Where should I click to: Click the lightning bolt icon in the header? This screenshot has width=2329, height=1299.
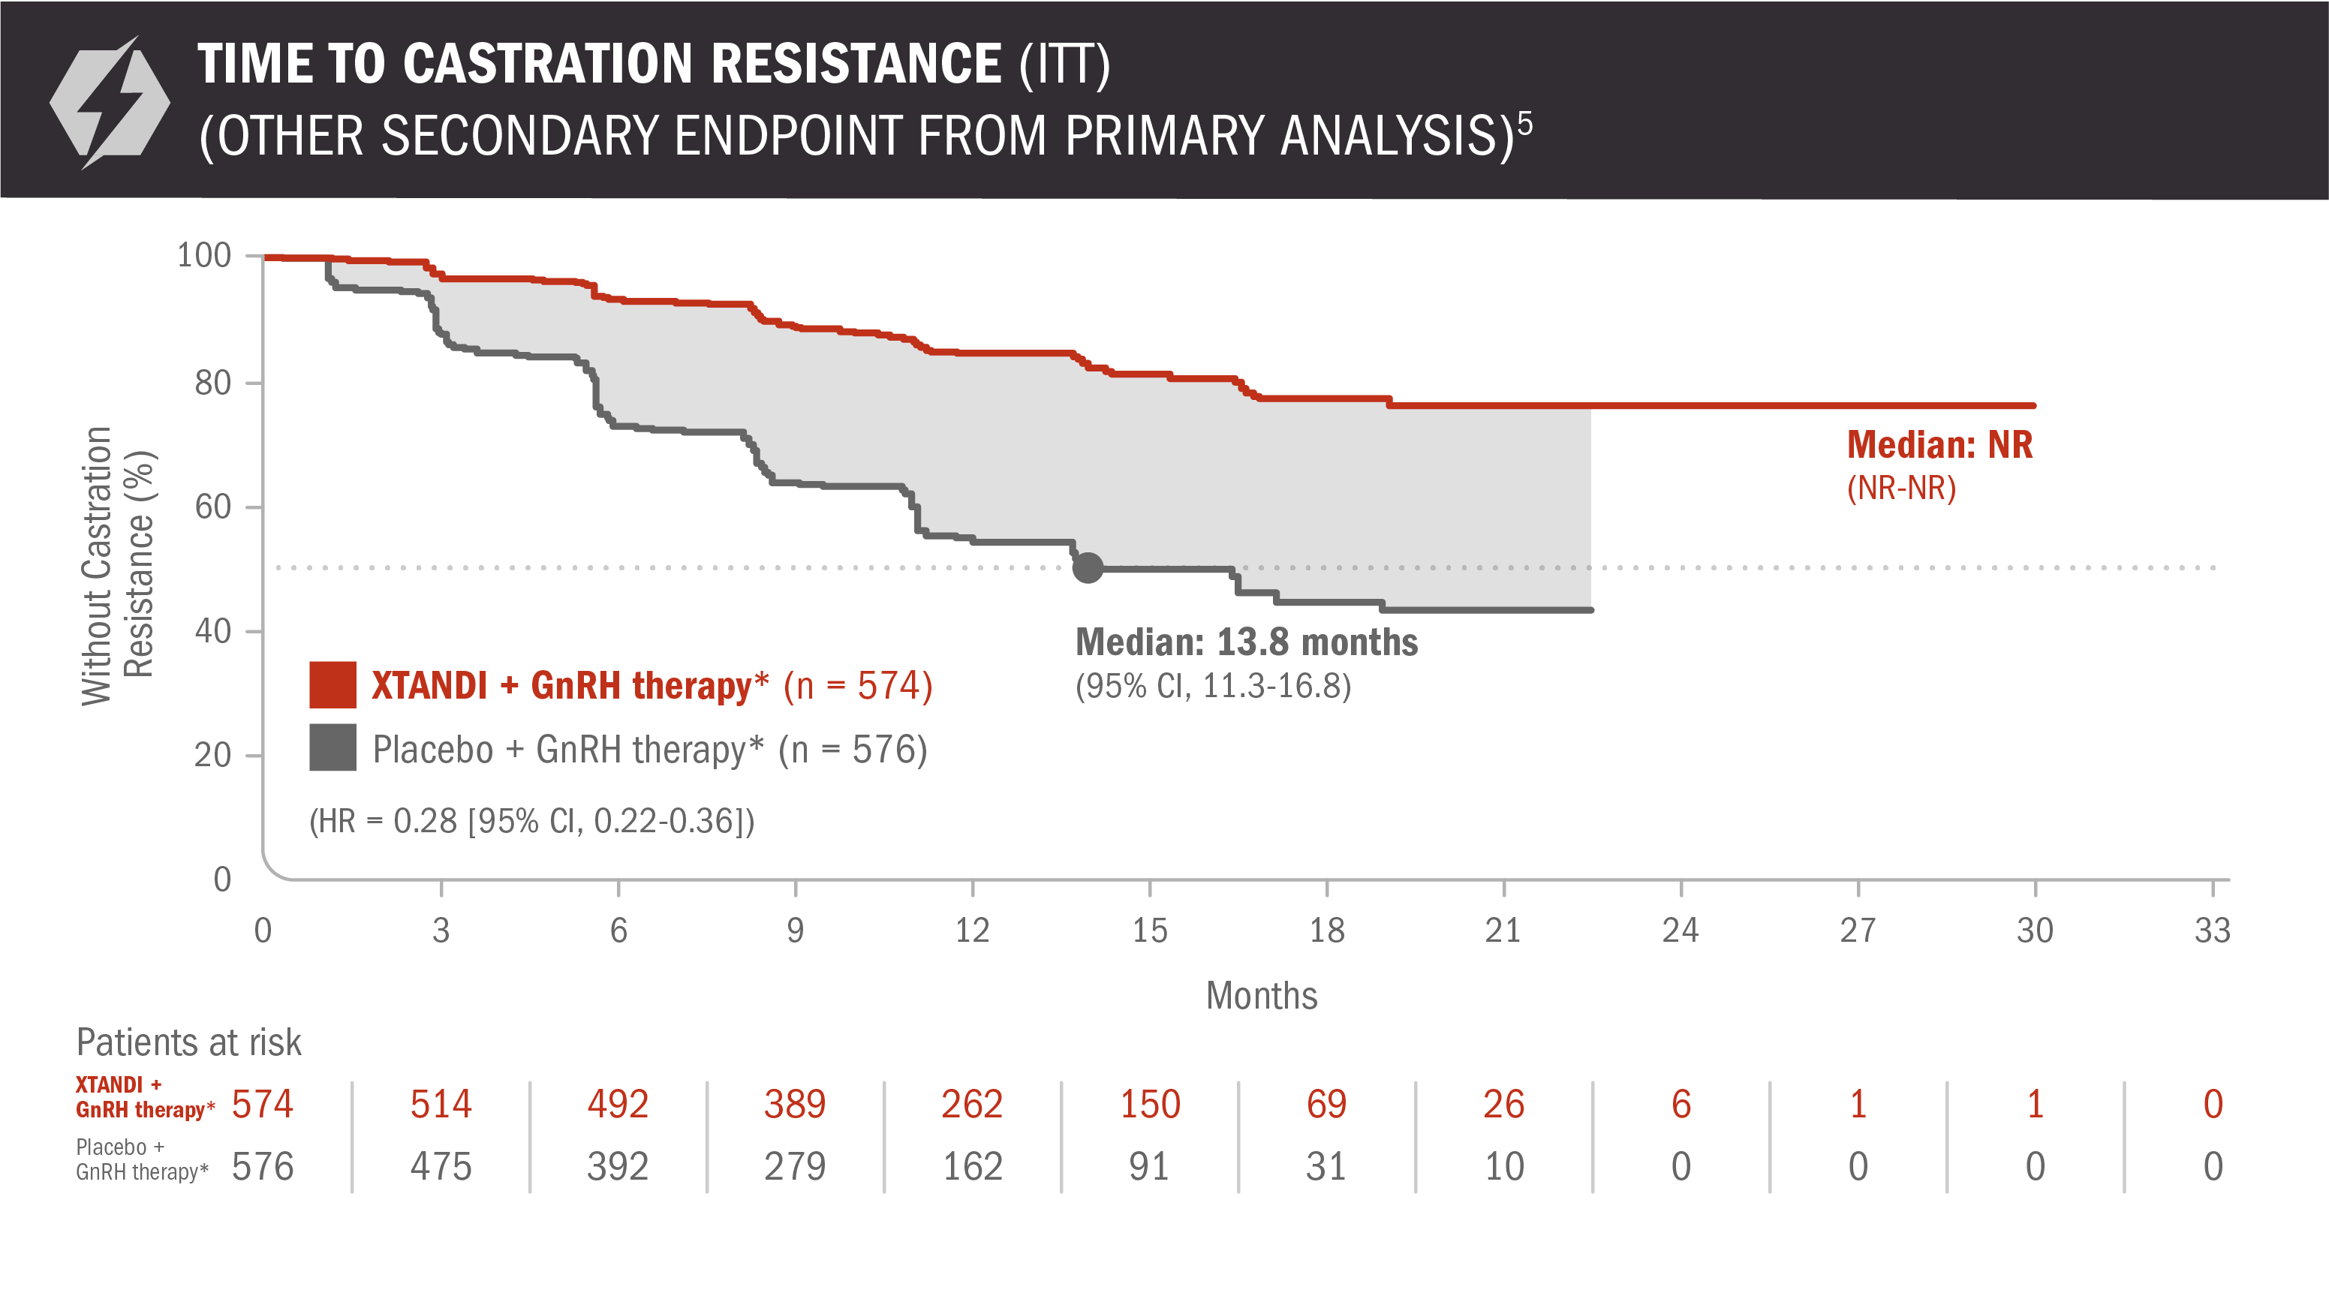(x=110, y=101)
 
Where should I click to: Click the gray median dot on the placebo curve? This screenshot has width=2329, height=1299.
(x=1088, y=567)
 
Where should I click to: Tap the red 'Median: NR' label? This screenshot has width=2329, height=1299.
(x=1939, y=445)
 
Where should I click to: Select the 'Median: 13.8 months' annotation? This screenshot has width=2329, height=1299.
(x=1246, y=642)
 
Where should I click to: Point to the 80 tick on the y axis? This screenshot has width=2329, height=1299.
(x=213, y=383)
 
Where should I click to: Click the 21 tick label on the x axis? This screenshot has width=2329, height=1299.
(x=1503, y=931)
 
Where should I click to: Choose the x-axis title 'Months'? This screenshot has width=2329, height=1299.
(x=1261, y=995)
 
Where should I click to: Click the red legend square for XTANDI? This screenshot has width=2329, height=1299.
(x=332, y=685)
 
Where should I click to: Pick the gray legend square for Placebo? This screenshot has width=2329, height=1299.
(x=332, y=747)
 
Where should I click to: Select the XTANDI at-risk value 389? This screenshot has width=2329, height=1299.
(x=795, y=1104)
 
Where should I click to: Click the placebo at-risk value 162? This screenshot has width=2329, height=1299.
(x=972, y=1166)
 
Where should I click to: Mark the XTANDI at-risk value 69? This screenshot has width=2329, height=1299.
(x=1326, y=1104)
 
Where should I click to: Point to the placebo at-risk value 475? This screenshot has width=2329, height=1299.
(x=441, y=1166)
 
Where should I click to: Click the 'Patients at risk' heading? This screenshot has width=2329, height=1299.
(x=188, y=1042)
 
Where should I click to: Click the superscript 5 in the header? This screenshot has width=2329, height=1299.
(x=1524, y=123)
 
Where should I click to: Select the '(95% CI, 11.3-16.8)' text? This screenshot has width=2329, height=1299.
(x=1212, y=686)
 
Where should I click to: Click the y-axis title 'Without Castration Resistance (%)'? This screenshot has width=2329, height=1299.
(x=118, y=566)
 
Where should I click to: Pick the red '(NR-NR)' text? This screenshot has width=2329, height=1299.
(x=1901, y=488)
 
